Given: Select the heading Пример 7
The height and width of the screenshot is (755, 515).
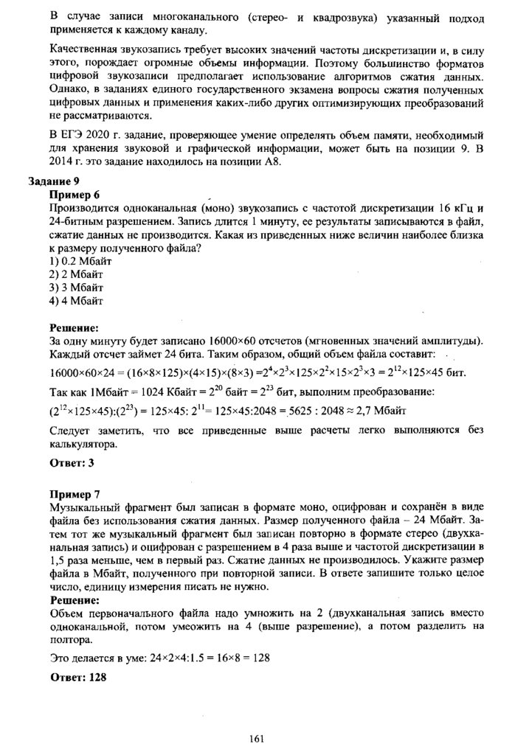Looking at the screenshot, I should coord(74,493).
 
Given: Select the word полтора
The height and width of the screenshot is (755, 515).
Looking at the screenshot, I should coord(69,641).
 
